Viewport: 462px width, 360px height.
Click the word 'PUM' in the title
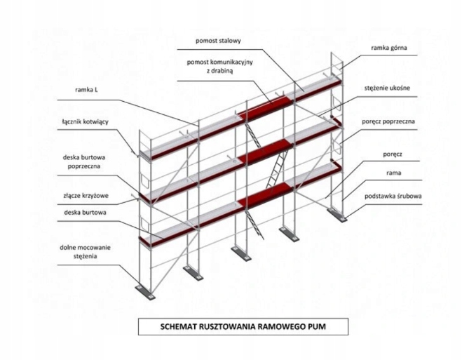click(x=314, y=326)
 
